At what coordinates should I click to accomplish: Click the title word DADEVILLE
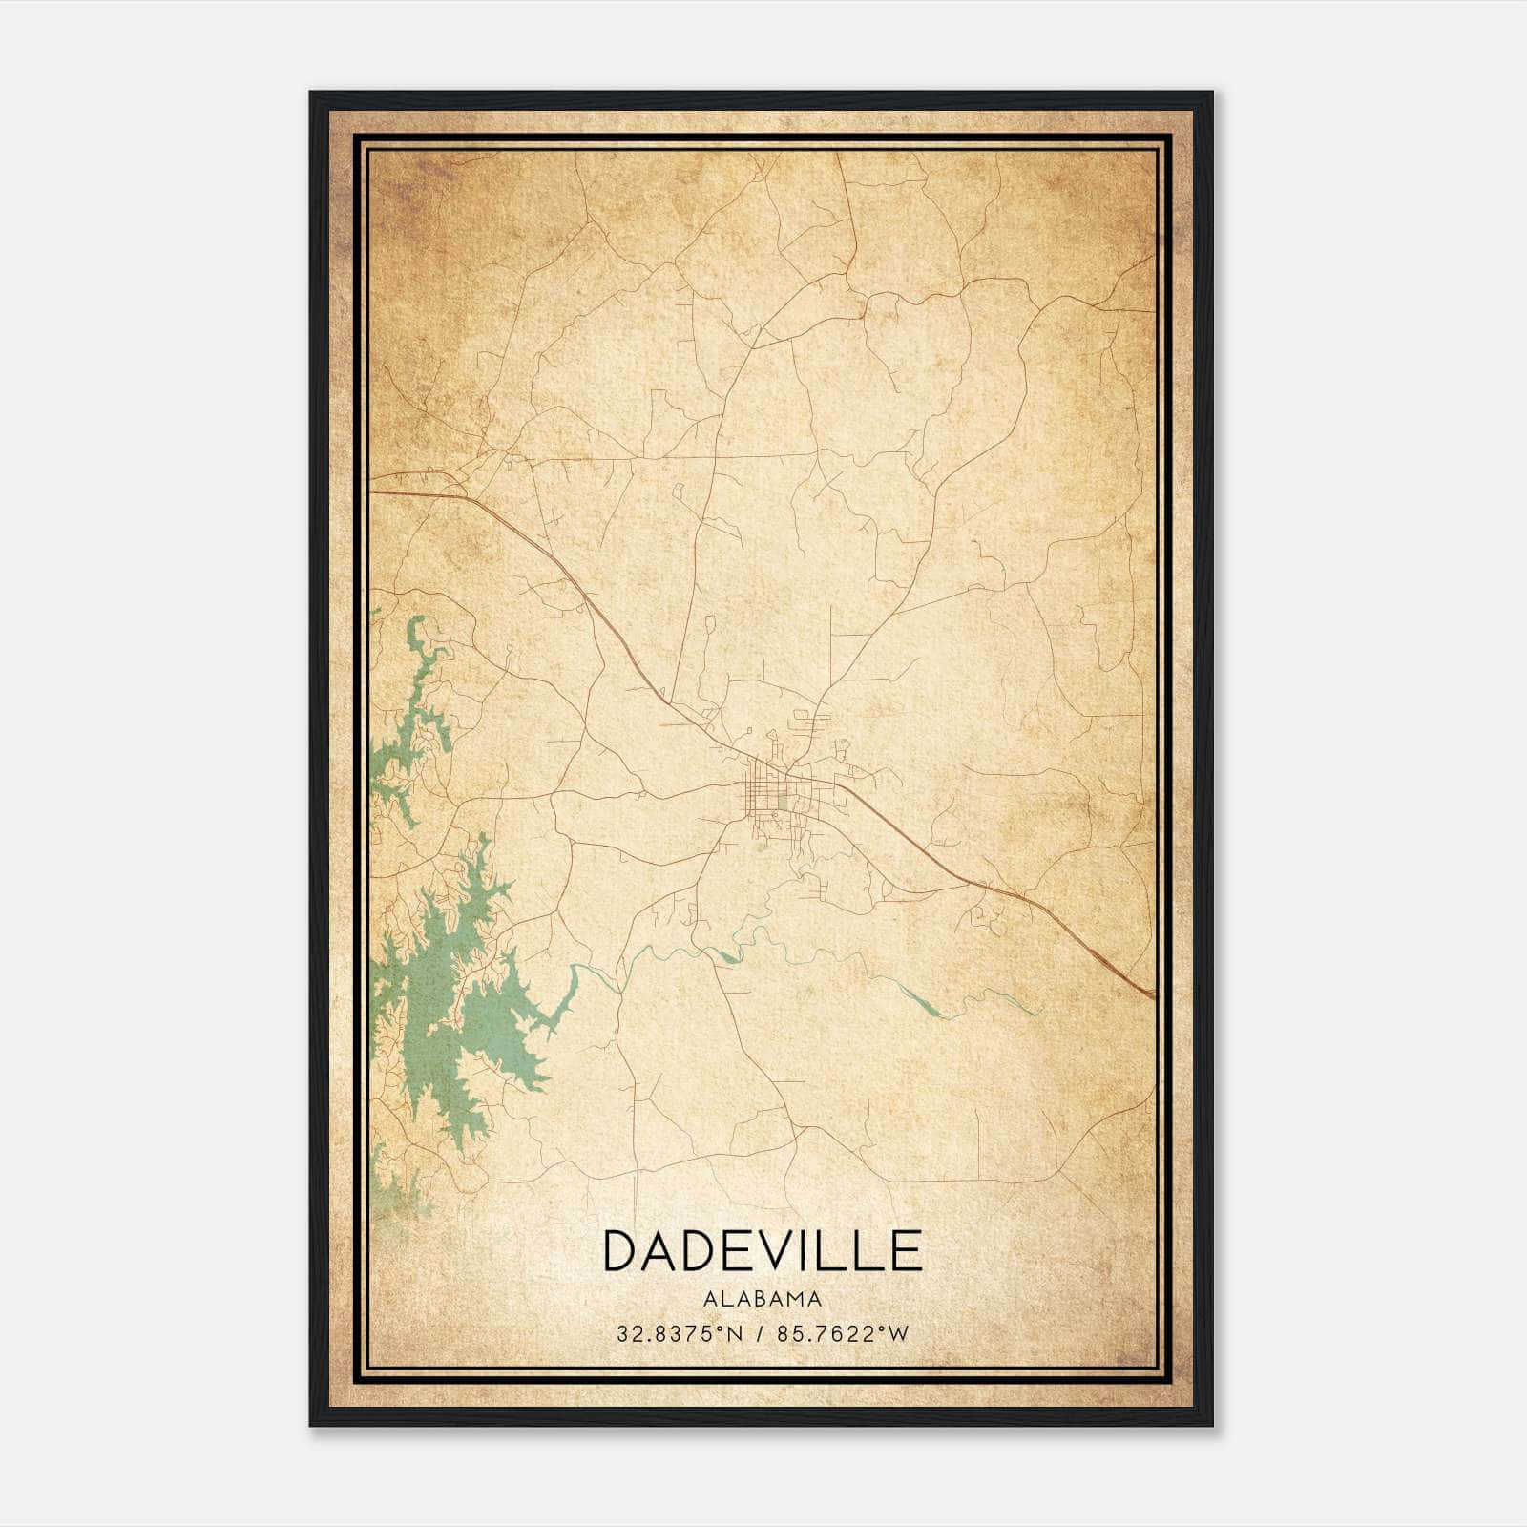tap(763, 1250)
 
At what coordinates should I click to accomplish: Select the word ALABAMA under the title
tap(763, 1298)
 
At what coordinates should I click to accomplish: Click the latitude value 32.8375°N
tap(679, 1334)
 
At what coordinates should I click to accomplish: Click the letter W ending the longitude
tap(898, 1334)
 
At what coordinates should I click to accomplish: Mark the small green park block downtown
tap(783, 803)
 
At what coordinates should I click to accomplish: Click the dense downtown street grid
tap(768, 792)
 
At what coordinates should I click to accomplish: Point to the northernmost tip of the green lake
tap(416, 619)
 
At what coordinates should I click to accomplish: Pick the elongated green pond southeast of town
tap(921, 1002)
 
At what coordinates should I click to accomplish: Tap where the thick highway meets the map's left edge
tap(371, 492)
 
